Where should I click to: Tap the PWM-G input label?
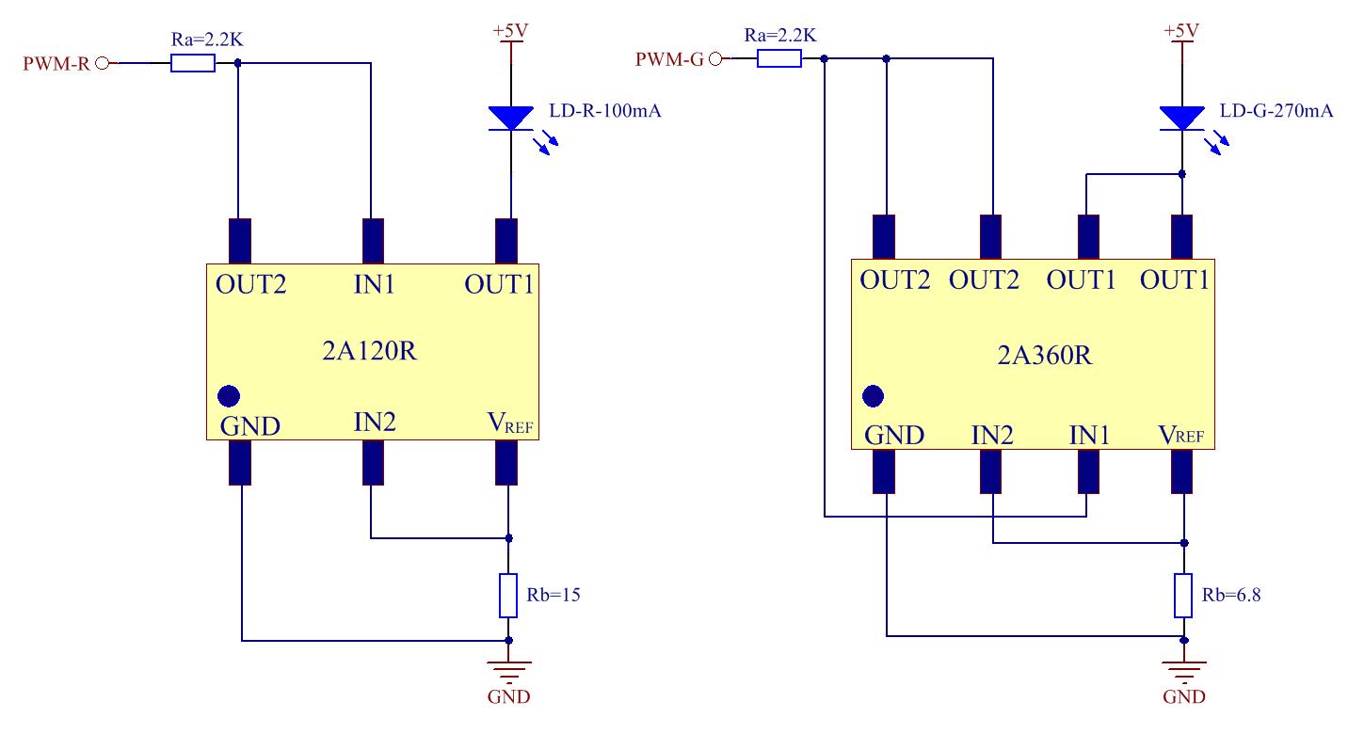point(668,59)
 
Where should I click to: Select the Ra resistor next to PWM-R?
point(193,63)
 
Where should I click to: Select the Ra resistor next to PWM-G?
point(779,58)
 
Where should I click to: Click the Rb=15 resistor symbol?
point(508,595)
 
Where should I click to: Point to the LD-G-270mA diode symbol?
point(1182,119)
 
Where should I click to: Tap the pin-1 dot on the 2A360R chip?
point(874,395)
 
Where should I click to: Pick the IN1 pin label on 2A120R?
point(374,284)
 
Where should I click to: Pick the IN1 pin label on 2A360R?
point(1089,435)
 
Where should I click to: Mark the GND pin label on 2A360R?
point(894,435)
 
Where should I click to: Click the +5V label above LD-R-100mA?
point(510,31)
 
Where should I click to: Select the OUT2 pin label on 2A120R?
point(250,284)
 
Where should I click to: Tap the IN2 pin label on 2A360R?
point(992,435)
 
